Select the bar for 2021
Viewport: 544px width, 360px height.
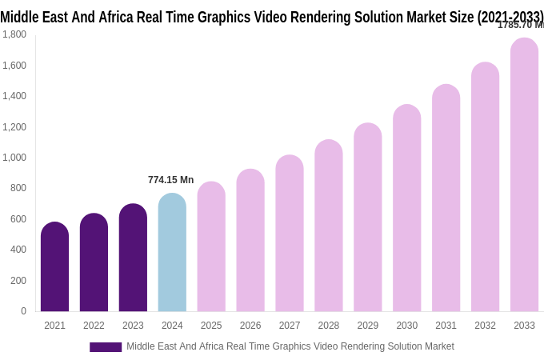pos(54,267)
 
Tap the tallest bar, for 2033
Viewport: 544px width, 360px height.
pos(524,175)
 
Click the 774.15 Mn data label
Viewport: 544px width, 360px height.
pos(170,180)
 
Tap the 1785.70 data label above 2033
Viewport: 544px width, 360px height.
pos(520,25)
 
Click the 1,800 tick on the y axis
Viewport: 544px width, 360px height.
pos(14,34)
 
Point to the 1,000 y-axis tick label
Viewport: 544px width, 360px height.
pos(14,158)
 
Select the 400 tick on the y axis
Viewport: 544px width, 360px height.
pos(18,250)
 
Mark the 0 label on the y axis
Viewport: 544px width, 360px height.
pos(23,311)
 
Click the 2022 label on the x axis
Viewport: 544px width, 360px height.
pos(94,326)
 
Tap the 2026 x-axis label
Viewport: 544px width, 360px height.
pos(250,326)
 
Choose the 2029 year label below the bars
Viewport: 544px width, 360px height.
pos(368,326)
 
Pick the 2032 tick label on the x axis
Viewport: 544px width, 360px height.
pos(485,326)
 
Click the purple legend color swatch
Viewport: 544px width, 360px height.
pos(106,347)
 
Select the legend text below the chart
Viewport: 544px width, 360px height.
pos(290,346)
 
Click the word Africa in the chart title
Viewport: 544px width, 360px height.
pos(118,17)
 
